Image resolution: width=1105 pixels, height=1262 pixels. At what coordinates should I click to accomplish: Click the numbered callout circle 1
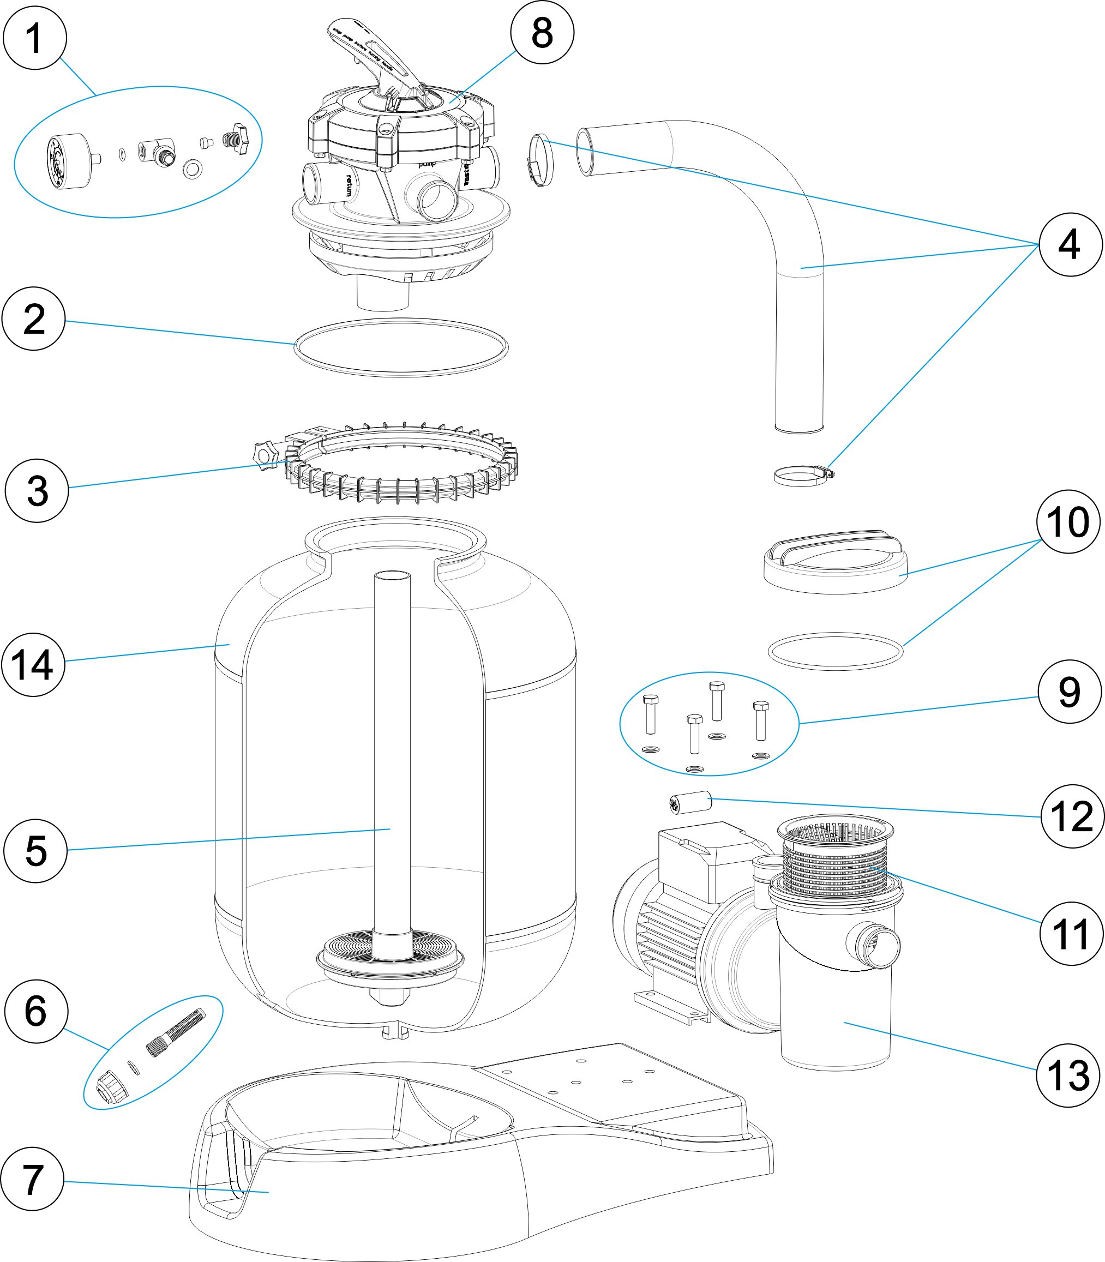click(x=34, y=38)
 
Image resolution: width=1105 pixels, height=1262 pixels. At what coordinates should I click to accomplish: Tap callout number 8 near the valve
click(x=542, y=33)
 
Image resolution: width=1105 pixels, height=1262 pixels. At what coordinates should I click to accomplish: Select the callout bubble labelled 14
click(x=33, y=665)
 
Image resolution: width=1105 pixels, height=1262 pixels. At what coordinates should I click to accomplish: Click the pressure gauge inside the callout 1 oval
click(x=69, y=161)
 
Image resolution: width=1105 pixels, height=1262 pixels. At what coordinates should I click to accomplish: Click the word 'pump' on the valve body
click(x=427, y=164)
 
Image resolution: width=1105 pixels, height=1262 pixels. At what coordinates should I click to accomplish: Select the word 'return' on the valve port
click(x=350, y=185)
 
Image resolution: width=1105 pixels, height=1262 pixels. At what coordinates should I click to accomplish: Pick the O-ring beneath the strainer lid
click(x=836, y=651)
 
